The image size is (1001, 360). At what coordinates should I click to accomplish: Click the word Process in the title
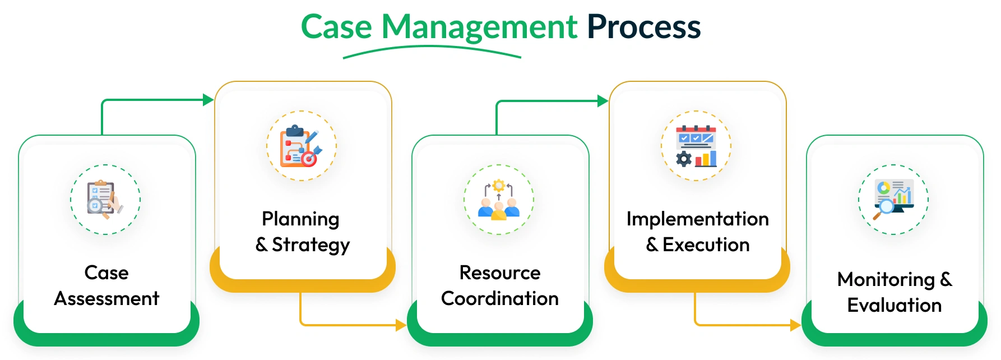coord(643,27)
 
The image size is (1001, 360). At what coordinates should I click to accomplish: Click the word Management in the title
coord(479,27)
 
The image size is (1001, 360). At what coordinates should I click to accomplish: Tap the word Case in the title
coord(336,27)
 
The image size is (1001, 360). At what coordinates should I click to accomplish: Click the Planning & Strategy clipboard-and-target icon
coord(302,146)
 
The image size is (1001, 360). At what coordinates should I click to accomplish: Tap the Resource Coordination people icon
coord(499,200)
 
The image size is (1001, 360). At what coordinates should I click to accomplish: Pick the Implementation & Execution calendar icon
coord(696,146)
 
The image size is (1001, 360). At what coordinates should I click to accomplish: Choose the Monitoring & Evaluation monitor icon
coord(893,200)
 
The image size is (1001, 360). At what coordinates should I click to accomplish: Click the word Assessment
coord(106,298)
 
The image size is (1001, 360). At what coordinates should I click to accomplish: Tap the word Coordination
coord(499,298)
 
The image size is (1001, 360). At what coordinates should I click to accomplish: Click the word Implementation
coord(697,219)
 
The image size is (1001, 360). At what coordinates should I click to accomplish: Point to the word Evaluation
coord(894,305)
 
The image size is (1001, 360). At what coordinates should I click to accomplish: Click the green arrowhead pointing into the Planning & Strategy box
coord(208,100)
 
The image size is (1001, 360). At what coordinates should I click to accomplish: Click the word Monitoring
coord(886,279)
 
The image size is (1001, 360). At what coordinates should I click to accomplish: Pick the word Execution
coord(706,245)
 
